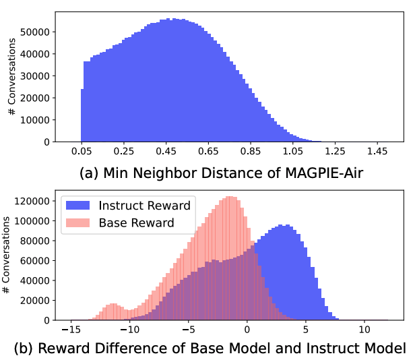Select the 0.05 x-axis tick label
(81, 154)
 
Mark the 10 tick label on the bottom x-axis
(364, 330)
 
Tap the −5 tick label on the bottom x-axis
(189, 330)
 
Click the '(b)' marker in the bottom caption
(24, 349)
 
